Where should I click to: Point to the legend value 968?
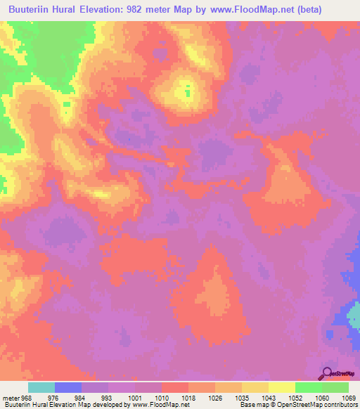click(26, 397)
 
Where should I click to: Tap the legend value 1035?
click(242, 397)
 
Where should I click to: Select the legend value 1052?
click(295, 397)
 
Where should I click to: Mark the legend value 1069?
click(349, 397)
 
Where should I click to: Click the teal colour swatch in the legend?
click(41, 387)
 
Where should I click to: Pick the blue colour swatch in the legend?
click(68, 387)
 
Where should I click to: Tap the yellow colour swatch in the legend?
click(281, 387)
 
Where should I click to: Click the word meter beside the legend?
click(10, 397)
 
